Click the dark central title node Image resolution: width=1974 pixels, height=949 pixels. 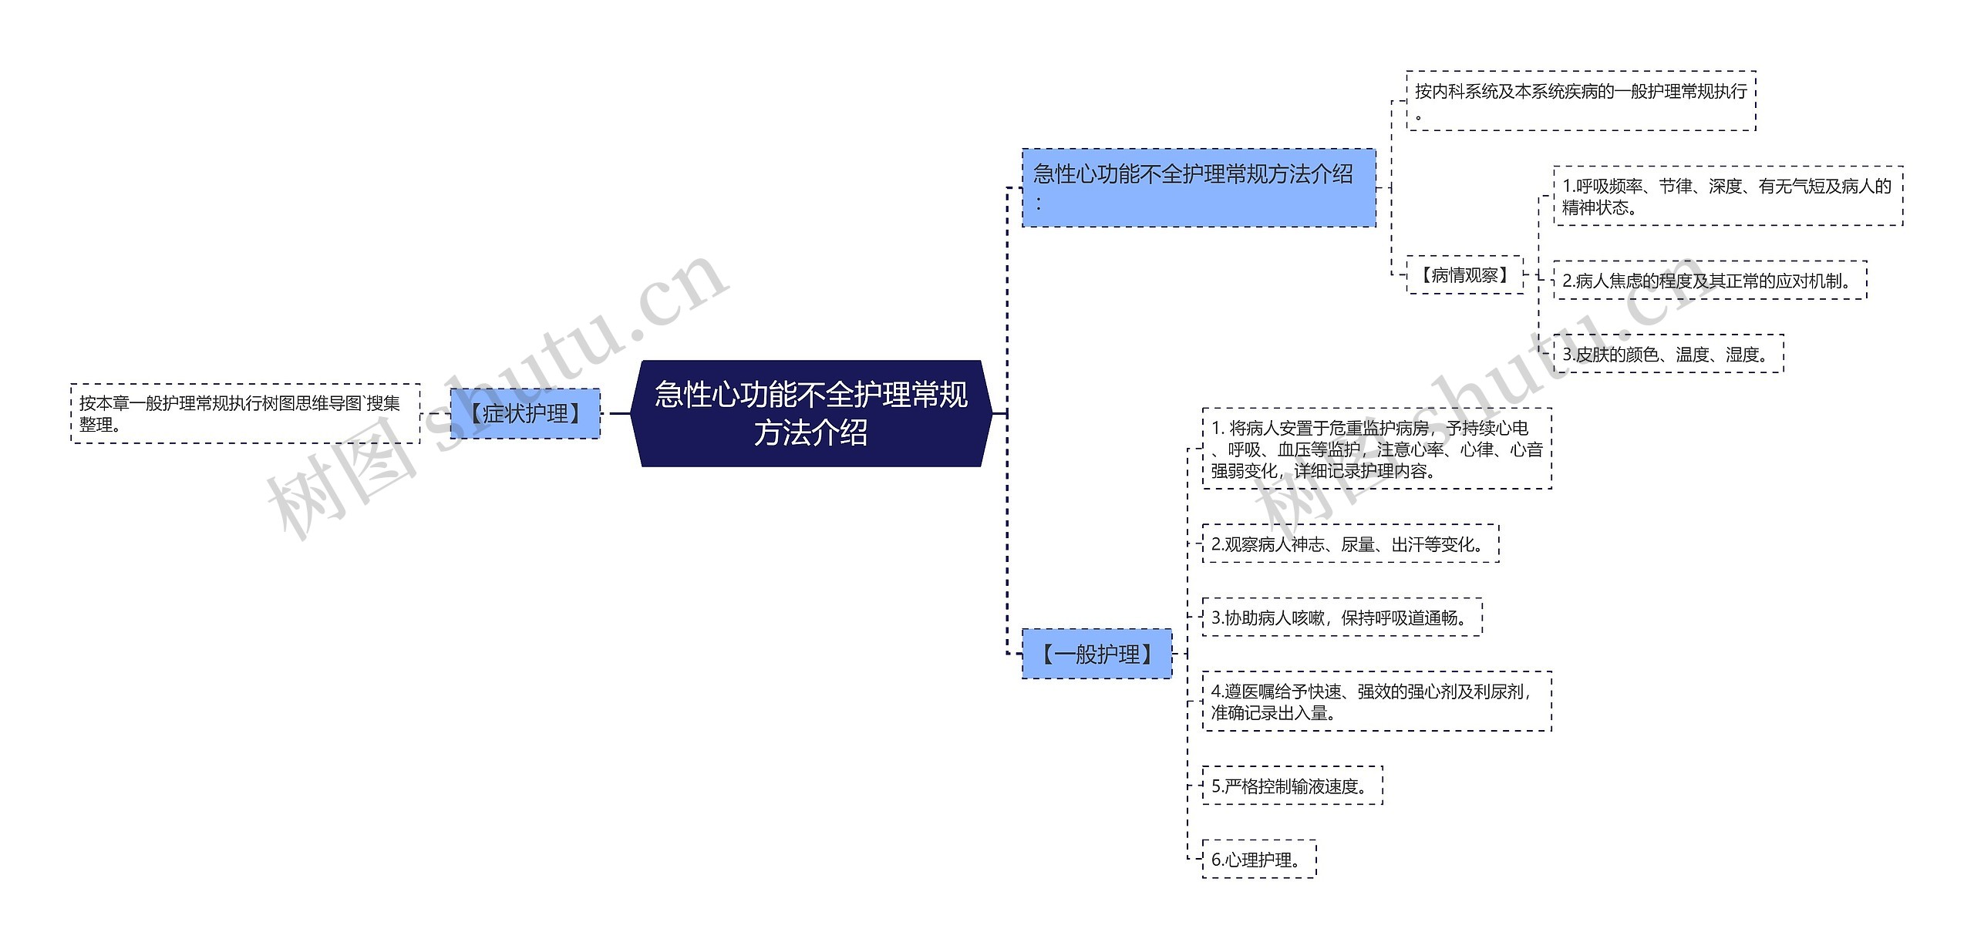[x=811, y=413]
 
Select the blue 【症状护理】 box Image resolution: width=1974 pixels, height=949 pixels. [x=525, y=414]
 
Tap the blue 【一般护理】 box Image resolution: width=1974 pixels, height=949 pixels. [x=1096, y=655]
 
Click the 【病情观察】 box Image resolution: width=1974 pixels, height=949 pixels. [x=1464, y=275]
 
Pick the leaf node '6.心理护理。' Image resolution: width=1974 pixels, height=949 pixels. [x=1258, y=860]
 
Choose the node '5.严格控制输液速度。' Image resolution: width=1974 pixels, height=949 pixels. [x=1292, y=786]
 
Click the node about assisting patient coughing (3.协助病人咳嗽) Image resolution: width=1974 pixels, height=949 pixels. [x=1342, y=618]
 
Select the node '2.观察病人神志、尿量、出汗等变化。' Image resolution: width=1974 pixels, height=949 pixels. [x=1350, y=544]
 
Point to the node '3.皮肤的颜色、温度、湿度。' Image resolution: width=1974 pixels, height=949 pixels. [x=1668, y=355]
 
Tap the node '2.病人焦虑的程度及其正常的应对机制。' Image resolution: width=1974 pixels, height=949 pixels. [x=1710, y=281]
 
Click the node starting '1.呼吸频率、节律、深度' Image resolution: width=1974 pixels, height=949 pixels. [x=1727, y=197]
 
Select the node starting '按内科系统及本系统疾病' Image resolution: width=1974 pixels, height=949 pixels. [x=1581, y=101]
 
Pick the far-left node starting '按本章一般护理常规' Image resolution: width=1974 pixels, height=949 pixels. [x=245, y=414]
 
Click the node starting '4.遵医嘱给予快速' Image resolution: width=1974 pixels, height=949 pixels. [x=1376, y=702]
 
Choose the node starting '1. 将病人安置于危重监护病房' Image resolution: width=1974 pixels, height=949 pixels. [x=1376, y=449]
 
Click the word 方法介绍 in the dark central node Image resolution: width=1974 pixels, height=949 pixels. [x=811, y=432]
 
